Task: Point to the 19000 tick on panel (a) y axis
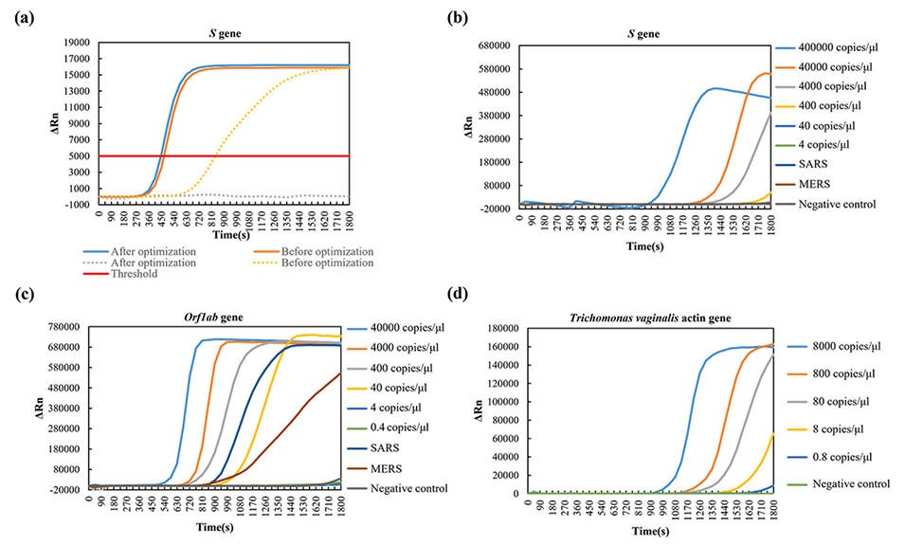pos(78,43)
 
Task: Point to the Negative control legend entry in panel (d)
pos(834,483)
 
